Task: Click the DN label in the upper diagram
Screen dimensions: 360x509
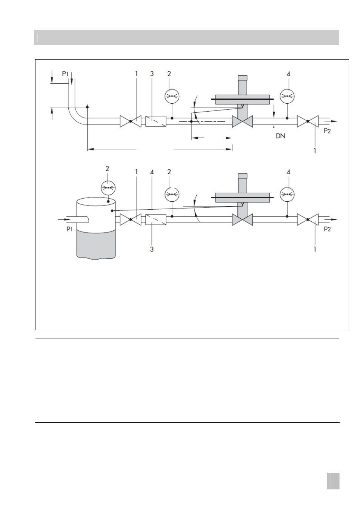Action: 280,136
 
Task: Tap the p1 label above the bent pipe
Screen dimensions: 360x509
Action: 65,74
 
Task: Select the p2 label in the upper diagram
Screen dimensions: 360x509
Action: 327,131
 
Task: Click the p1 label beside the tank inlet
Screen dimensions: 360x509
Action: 69,228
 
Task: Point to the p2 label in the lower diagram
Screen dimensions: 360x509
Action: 327,229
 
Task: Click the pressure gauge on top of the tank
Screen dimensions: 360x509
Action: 108,188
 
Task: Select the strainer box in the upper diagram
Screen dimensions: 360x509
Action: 156,121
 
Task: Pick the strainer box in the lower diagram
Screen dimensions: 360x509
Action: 156,220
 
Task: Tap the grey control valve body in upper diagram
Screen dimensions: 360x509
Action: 242,121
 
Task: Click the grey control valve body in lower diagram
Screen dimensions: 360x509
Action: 242,220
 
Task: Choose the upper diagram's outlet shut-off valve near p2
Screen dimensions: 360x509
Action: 308,121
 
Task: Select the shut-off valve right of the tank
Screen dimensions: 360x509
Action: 131,219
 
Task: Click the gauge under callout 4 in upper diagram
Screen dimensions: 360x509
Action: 287,97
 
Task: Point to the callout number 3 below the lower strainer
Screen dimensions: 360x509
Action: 152,249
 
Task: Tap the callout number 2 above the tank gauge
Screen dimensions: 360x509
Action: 107,169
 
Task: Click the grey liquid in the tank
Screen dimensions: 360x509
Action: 96,244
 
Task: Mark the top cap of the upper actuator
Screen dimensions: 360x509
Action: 242,78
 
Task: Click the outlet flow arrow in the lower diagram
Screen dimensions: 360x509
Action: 331,219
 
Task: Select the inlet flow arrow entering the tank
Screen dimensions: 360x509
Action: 64,219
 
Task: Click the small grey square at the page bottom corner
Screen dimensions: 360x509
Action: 333,481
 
